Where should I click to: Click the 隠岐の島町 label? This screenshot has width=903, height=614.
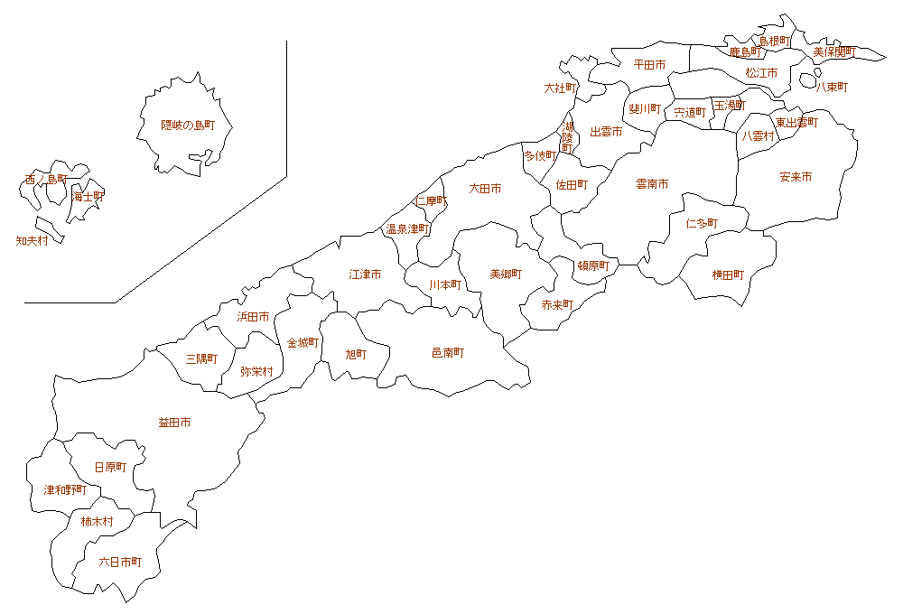tap(188, 126)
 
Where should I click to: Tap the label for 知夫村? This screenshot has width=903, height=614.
tap(33, 241)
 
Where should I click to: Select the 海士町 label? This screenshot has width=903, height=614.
tap(88, 196)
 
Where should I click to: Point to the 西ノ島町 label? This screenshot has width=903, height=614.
tap(46, 180)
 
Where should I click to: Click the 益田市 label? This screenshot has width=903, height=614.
tap(174, 422)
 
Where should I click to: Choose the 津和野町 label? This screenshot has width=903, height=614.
tap(66, 489)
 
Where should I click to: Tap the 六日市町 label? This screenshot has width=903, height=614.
tap(120, 562)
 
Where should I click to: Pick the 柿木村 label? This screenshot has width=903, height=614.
tap(97, 521)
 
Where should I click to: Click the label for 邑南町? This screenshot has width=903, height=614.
tap(448, 352)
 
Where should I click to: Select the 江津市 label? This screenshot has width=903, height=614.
tap(365, 274)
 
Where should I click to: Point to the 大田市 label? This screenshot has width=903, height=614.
tap(485, 189)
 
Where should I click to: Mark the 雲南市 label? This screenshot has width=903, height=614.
tap(652, 183)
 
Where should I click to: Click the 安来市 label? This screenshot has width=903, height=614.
tap(796, 177)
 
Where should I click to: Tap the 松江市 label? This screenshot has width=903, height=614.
tap(761, 72)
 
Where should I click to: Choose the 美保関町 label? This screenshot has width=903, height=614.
tap(833, 51)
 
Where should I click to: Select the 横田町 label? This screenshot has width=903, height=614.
tap(728, 274)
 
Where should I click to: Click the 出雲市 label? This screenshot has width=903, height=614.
tap(606, 132)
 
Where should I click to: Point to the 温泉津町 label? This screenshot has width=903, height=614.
tap(407, 229)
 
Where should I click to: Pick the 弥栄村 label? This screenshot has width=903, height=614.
tap(256, 370)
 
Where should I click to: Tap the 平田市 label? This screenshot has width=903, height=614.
tap(649, 65)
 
